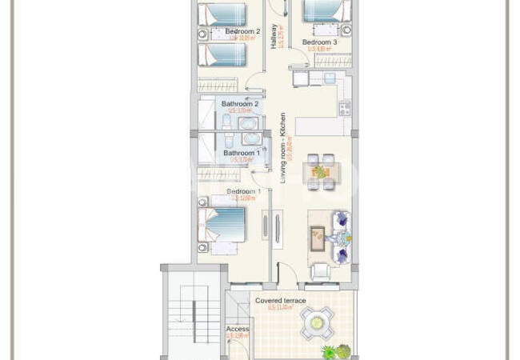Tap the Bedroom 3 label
coord(319,42)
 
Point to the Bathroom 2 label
coord(240,104)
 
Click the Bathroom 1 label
coord(241,153)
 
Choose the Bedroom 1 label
coord(244,192)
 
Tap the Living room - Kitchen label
coord(282,148)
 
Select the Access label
coord(238,329)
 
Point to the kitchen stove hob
coord(344,108)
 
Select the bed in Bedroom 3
coord(327,12)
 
